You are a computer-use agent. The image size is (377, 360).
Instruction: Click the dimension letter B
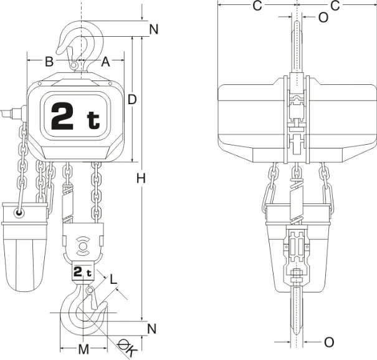49,62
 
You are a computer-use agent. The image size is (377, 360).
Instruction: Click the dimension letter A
105,62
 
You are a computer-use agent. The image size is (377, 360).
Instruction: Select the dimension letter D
132,99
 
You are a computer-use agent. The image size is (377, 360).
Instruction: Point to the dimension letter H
141,178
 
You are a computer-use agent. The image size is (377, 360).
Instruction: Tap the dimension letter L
113,280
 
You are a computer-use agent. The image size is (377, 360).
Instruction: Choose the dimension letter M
84,349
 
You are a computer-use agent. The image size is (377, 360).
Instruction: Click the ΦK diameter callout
127,348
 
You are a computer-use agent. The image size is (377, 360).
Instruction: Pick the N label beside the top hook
154,29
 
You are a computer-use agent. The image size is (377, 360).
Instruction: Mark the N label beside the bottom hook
151,329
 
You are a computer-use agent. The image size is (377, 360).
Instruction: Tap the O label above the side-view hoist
323,17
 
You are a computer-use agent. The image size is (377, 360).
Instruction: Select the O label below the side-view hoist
329,342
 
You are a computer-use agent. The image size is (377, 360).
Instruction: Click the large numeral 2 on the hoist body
62,116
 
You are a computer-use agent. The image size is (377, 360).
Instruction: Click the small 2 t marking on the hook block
82,272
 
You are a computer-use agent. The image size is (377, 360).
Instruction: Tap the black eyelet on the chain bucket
19,212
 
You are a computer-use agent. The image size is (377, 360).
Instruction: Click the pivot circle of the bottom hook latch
90,290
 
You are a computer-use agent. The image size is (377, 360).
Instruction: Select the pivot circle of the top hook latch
74,65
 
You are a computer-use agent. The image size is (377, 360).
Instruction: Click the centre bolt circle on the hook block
82,246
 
